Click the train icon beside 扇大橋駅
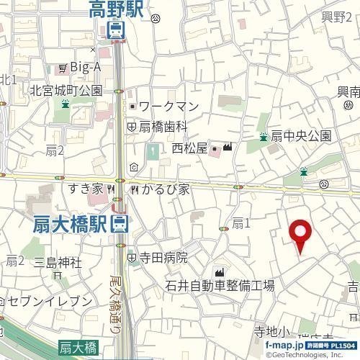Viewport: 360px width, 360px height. (120, 224)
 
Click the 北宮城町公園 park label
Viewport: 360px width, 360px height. (66, 91)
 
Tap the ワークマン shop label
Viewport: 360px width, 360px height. (168, 107)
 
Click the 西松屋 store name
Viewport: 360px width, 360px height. (189, 148)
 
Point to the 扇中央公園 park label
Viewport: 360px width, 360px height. (301, 136)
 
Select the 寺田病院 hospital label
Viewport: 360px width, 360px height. (163, 257)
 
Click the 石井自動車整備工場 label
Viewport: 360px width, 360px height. (220, 286)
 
